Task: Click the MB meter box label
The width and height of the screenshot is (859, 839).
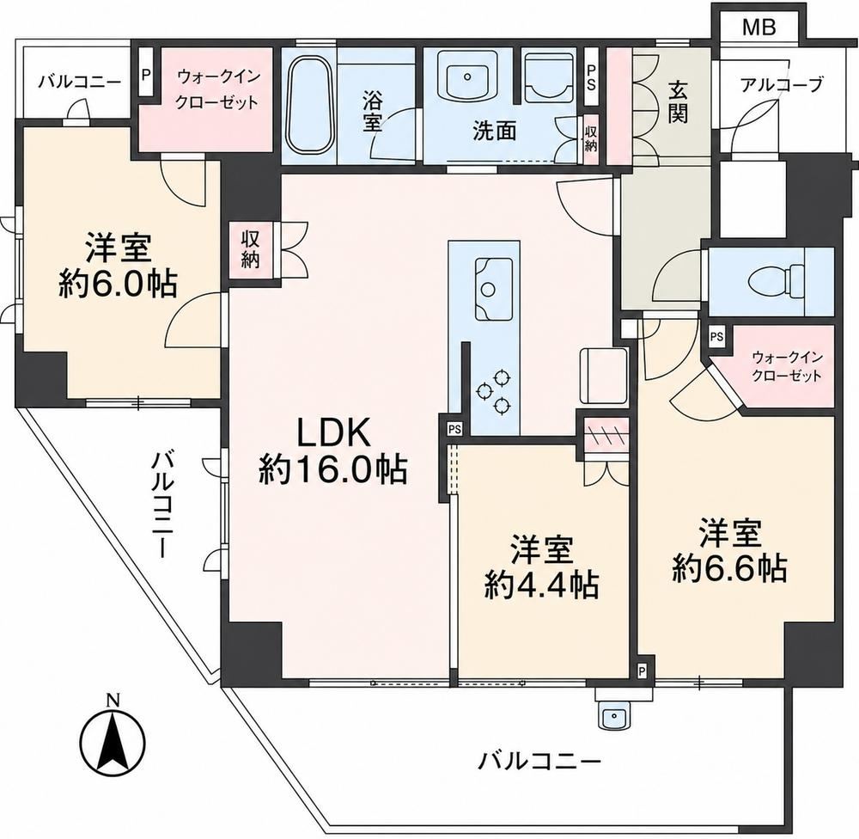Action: (x=758, y=27)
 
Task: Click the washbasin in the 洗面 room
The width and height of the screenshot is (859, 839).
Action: (x=467, y=77)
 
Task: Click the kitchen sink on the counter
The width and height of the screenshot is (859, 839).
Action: (x=493, y=288)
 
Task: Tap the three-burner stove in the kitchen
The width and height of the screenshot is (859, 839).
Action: (x=493, y=392)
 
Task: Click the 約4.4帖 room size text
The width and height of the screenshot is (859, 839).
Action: (x=541, y=586)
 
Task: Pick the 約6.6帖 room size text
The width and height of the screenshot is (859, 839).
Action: (x=729, y=569)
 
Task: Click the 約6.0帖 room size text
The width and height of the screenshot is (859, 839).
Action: (x=118, y=283)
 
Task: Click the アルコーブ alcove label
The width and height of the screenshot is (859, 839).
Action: (x=782, y=85)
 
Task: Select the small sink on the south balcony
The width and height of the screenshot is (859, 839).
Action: (x=615, y=715)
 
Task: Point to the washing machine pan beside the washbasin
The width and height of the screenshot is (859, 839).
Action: (x=549, y=77)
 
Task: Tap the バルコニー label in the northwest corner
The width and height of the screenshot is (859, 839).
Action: (x=79, y=83)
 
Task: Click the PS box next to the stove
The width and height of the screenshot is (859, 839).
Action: (x=454, y=429)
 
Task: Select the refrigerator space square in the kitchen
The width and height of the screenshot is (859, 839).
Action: (x=603, y=377)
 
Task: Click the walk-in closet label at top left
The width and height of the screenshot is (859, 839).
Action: (x=217, y=89)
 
